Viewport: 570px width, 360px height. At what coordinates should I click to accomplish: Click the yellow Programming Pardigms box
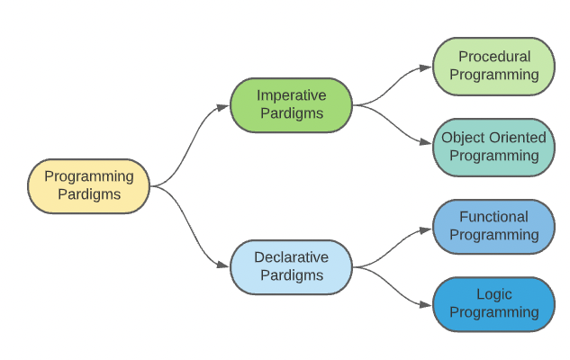click(x=89, y=185)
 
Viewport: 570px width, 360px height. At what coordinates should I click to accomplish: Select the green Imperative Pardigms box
click(x=291, y=104)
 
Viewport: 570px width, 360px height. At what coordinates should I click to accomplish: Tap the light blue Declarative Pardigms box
click(x=291, y=266)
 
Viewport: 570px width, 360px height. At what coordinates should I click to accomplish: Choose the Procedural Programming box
click(x=493, y=66)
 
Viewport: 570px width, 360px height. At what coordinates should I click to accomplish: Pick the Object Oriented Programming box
click(x=493, y=147)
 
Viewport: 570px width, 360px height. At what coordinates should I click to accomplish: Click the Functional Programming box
click(x=493, y=226)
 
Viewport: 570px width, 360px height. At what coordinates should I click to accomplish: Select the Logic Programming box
click(x=493, y=304)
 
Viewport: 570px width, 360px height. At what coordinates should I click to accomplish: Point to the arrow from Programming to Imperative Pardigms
click(x=189, y=144)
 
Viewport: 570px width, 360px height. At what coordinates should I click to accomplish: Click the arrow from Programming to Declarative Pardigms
click(x=189, y=227)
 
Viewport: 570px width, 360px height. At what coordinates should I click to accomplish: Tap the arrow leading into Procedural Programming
click(x=393, y=85)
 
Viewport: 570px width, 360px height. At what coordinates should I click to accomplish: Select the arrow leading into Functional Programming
click(x=393, y=247)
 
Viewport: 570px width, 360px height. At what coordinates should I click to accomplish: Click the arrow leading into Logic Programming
click(x=393, y=286)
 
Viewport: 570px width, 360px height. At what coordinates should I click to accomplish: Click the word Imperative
click(x=291, y=95)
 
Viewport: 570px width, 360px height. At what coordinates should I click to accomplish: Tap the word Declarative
click(x=291, y=257)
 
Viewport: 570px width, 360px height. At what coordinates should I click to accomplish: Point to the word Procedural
click(x=493, y=57)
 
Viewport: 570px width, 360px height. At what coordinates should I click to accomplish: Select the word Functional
click(x=493, y=217)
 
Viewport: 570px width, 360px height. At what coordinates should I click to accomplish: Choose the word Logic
click(x=493, y=295)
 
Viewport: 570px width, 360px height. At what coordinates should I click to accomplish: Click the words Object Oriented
click(x=493, y=138)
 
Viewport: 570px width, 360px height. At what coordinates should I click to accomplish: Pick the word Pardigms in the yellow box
click(x=89, y=194)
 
